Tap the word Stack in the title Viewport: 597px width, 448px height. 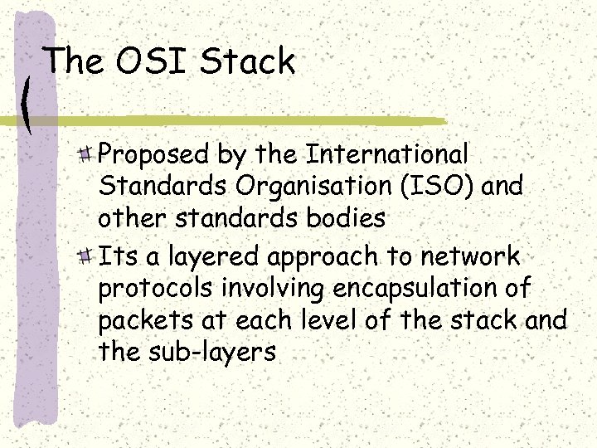pyautogui.click(x=248, y=61)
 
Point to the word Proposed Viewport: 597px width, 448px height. pyautogui.click(x=153, y=155)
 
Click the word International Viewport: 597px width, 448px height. pyautogui.click(x=388, y=153)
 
